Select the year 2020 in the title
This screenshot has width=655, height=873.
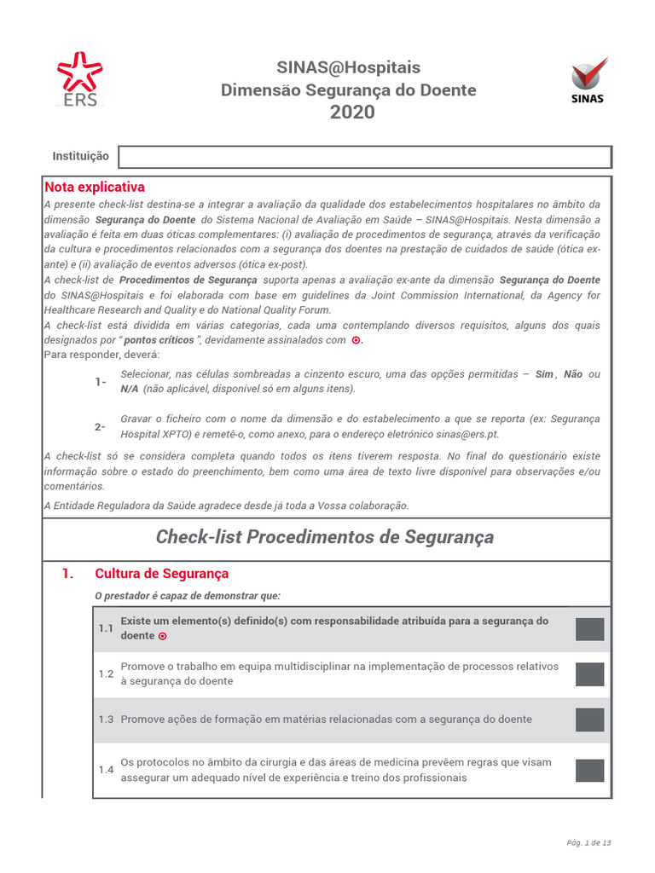point(352,113)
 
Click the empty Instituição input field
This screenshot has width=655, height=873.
point(364,157)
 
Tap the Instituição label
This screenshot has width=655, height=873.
point(80,157)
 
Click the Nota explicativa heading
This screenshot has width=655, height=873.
point(95,187)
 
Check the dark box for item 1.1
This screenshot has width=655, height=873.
point(589,629)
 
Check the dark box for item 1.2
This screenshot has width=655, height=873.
point(589,674)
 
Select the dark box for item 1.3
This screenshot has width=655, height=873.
point(589,720)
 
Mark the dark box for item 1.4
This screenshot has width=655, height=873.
point(589,771)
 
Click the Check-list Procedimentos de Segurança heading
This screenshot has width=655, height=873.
point(324,537)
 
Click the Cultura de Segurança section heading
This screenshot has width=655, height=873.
point(162,574)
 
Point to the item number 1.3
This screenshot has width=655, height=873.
point(106,720)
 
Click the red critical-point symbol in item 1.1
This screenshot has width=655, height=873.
point(163,637)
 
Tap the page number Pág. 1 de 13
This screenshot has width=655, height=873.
point(588,843)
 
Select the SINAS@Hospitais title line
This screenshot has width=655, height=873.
point(348,68)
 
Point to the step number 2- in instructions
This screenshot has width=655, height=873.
point(101,426)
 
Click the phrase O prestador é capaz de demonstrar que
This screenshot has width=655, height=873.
point(187,595)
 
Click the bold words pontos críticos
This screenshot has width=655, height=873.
point(159,340)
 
